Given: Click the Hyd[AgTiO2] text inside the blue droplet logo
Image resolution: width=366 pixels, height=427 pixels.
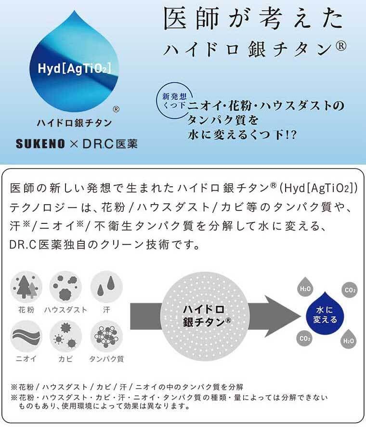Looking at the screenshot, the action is (x=74, y=69).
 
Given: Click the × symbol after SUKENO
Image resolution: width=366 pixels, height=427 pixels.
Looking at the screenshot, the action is (x=77, y=143).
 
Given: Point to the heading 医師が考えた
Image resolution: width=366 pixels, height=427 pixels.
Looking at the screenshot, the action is (x=254, y=20).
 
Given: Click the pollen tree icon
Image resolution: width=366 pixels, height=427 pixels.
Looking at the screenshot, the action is (x=26, y=287).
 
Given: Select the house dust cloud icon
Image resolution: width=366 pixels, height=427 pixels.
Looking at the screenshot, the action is (x=65, y=287).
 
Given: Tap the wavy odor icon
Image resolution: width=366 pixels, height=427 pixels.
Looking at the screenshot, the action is (x=26, y=336).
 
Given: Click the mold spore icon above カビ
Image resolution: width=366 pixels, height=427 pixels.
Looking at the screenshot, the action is (x=65, y=336).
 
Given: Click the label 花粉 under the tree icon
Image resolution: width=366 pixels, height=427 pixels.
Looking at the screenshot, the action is (x=26, y=310).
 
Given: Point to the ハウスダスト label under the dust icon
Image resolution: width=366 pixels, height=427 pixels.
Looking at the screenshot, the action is (x=65, y=310).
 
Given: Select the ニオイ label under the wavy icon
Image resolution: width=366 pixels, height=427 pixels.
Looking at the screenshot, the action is (x=26, y=359).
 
